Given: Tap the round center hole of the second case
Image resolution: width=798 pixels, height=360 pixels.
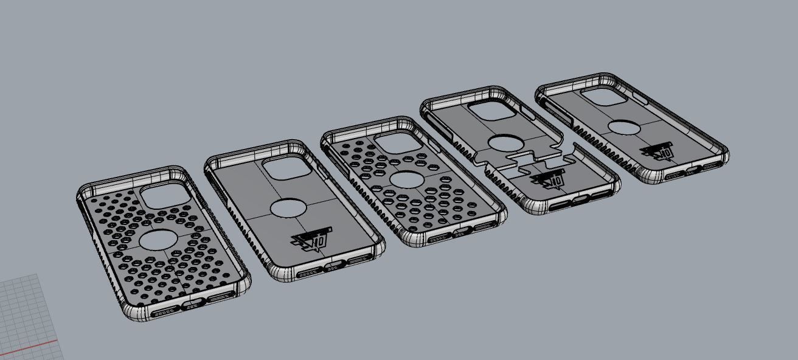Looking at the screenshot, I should click(290, 209).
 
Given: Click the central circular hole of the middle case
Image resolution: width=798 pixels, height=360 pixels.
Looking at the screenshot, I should click(405, 180).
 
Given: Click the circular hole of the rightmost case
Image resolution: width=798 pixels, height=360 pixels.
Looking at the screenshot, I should click(623, 127).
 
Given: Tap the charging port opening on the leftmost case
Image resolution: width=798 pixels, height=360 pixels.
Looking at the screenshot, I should click(191, 303).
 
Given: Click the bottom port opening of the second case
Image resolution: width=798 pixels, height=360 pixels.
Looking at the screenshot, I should click(331, 266).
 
